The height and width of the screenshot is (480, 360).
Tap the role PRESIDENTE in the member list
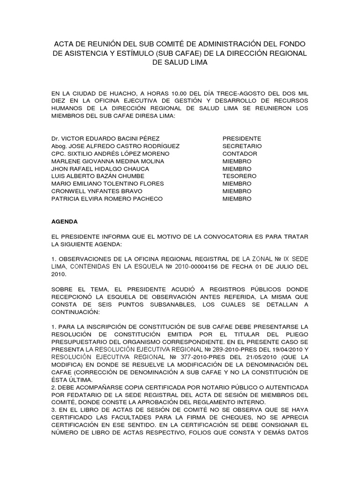pyautogui.click(x=242, y=139)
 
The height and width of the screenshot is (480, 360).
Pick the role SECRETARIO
pyautogui.click(x=242, y=146)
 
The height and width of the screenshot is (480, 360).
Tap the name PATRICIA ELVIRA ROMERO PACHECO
pyautogui.click(x=107, y=199)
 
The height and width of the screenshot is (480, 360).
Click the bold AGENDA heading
pyautogui.click(x=65, y=221)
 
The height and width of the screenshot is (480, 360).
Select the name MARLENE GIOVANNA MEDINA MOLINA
pyautogui.click(x=108, y=161)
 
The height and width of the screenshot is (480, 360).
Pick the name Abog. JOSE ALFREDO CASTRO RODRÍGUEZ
pyautogui.click(x=115, y=146)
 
